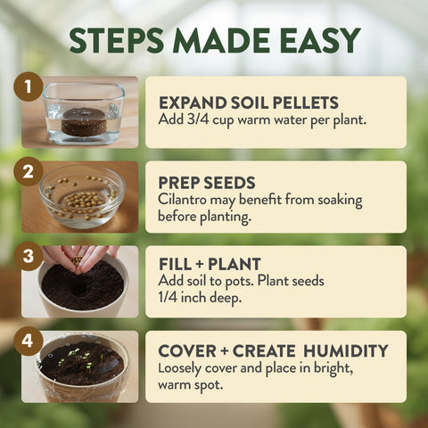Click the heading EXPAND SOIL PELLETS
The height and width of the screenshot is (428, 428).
click(x=249, y=102)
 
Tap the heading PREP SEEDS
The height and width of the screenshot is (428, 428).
click(x=206, y=183)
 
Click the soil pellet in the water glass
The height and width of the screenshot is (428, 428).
click(x=84, y=120)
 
